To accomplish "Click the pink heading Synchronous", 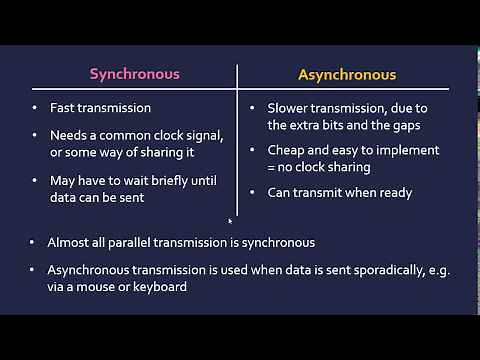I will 135,74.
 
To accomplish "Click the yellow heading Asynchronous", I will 347,74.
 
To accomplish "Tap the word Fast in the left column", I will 64,107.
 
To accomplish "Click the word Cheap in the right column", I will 288,150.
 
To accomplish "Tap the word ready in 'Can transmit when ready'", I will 392,193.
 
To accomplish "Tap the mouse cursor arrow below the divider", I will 230,221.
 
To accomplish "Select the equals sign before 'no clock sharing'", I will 271,166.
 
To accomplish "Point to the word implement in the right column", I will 406,150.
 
